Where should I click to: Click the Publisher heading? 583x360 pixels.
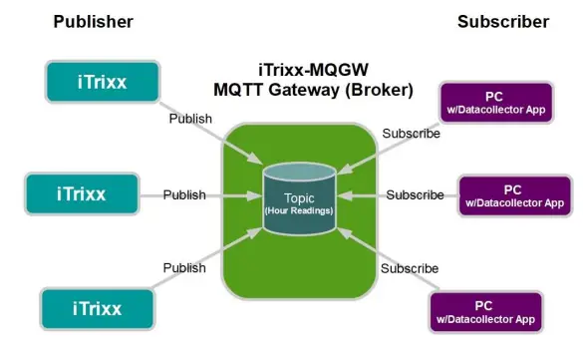pos(94,21)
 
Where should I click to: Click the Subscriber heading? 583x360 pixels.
pos(503,21)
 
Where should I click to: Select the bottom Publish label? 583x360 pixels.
pos(184,267)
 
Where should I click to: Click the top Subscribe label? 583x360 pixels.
pos(411,134)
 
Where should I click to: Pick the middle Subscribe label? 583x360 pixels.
pos(415,194)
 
